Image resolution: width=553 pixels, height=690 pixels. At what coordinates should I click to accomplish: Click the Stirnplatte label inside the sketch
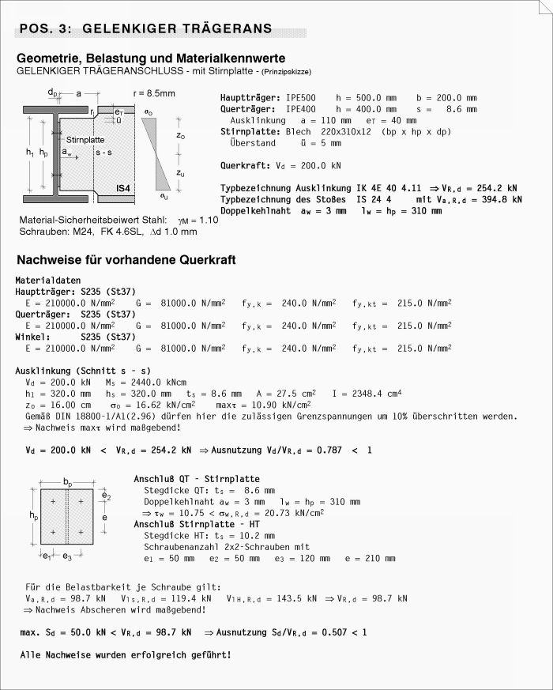pyautogui.click(x=85, y=139)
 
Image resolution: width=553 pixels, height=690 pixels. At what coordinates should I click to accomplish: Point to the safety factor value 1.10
pyautogui.click(x=207, y=220)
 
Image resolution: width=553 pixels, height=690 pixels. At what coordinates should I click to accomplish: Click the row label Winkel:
pyautogui.click(x=32, y=337)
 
